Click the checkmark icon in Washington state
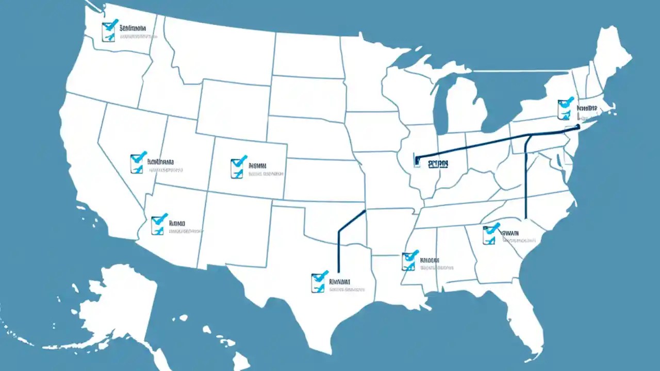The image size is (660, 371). point(109,30)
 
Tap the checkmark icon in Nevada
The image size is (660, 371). point(138,162)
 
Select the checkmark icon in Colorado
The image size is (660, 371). point(238,167)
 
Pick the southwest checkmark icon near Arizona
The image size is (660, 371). point(159,224)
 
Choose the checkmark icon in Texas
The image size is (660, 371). point(319,282)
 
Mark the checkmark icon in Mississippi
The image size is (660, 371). point(409,261)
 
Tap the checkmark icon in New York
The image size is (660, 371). point(565,108)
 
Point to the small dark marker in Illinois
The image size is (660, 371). point(417,160)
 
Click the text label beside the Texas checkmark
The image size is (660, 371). point(339,282)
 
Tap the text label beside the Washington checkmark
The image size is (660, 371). point(133,28)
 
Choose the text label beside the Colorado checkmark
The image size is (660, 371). point(257,166)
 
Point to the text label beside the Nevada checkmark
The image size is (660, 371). point(161,161)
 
